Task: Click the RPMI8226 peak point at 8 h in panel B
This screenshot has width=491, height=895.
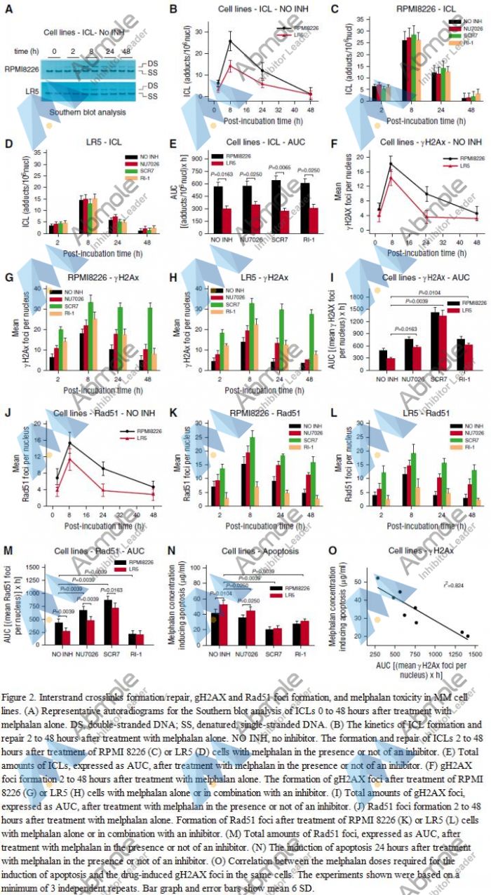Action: click(x=229, y=41)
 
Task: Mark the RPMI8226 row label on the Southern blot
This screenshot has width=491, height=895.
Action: click(x=22, y=69)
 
